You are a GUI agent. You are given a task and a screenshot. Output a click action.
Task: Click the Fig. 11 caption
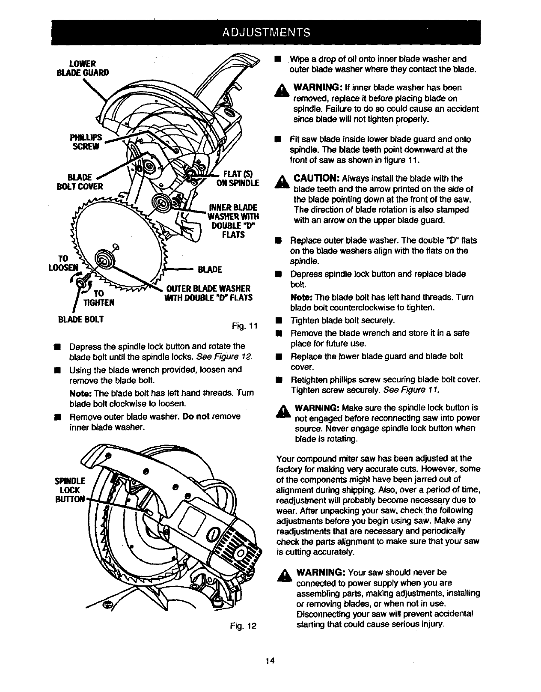pyautogui.click(x=244, y=327)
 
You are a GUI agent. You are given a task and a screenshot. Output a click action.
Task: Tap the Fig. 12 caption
pyautogui.click(x=242, y=626)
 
